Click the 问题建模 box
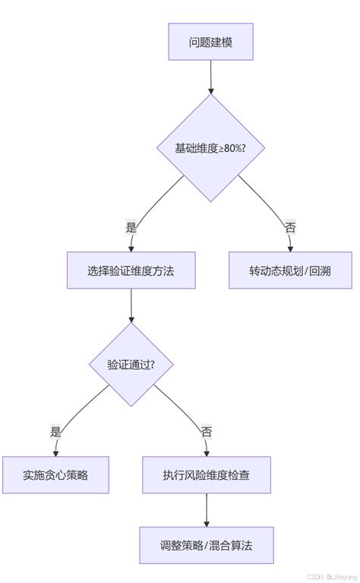coord(210,41)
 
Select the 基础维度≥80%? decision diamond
coord(210,147)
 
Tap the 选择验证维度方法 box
coord(131,270)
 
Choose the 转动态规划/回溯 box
coord(290,270)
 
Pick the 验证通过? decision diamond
coord(131,364)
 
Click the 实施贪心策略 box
coord(55,474)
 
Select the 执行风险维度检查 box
coord(207,474)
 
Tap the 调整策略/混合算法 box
coord(207,545)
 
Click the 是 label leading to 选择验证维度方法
coord(131,226)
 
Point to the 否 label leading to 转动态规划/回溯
coord(290,226)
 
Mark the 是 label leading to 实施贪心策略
coord(55,430)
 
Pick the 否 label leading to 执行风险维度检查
coord(207,430)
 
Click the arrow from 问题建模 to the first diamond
coord(210,76)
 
